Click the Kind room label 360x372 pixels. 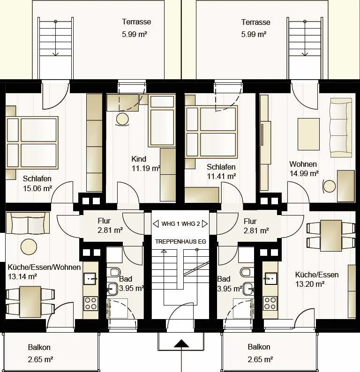139,159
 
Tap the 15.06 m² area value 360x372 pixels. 37,188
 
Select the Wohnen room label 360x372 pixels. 303,164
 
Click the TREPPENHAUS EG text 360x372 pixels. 180,241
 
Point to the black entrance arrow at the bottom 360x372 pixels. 181,343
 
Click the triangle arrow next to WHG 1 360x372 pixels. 156,224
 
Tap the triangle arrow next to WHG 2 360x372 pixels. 205,224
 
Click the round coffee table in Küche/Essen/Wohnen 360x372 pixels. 29,247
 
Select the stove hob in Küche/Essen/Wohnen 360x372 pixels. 90,303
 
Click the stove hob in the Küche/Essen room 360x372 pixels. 270,303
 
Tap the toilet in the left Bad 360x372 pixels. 113,272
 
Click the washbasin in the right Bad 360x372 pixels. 248,288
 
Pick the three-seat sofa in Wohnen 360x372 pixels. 341,128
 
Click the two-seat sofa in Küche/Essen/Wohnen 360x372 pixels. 28,223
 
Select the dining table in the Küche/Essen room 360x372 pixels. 331,236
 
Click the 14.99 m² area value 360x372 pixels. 304,174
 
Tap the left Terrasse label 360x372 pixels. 136,22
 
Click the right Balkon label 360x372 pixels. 259,347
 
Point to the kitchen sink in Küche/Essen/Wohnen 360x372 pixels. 90,278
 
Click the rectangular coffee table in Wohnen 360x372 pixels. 308,134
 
